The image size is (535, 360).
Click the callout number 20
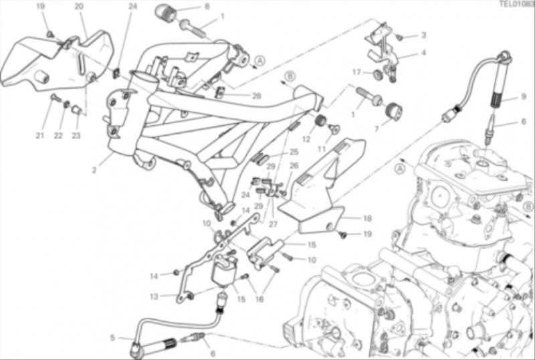point(79,6)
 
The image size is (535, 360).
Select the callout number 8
point(207,6)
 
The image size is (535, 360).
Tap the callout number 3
point(423,35)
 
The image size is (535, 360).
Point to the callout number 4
point(423,53)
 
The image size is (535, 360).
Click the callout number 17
point(356,72)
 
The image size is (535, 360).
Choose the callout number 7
point(377,128)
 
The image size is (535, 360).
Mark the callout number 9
point(524,96)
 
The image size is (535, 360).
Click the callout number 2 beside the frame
point(94,170)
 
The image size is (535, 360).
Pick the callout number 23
point(76,136)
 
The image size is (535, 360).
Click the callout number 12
point(306,139)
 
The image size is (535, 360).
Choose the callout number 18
point(367,218)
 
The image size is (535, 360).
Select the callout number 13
point(154,296)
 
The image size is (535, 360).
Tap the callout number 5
point(113,337)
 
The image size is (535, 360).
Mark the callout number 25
point(294,152)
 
